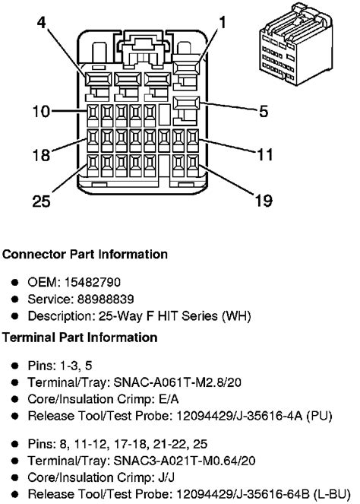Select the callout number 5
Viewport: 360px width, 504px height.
pos(263,112)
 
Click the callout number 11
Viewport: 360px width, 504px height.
pos(264,154)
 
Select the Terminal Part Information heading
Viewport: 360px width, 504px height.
pos(80,337)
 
